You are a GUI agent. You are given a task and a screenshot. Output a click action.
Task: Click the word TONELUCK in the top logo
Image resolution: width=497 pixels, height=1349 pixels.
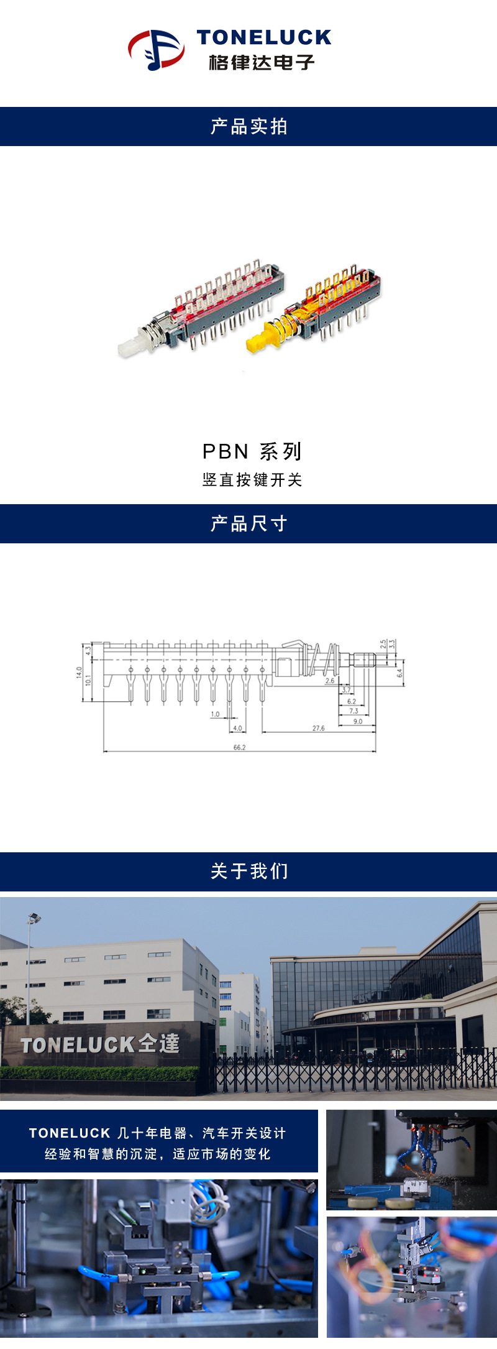(x=264, y=38)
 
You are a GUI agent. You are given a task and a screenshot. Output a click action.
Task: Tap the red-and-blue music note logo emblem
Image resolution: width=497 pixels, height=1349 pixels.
(x=156, y=49)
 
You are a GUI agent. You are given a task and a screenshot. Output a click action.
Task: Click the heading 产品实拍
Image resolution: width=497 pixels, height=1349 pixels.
(x=248, y=127)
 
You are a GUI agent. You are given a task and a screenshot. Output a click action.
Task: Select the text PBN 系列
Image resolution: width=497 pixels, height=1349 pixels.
(x=252, y=451)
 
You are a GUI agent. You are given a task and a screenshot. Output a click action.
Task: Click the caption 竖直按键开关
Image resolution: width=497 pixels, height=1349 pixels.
(x=252, y=480)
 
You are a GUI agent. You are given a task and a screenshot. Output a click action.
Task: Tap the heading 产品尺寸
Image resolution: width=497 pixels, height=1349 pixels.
(x=248, y=524)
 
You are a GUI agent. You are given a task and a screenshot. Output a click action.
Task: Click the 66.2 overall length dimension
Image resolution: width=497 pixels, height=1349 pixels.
(x=239, y=747)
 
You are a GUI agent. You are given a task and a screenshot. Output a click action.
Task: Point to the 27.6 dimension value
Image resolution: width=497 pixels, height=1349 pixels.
(x=318, y=728)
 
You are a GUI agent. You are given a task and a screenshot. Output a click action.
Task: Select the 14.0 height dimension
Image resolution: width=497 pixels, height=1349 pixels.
(x=79, y=672)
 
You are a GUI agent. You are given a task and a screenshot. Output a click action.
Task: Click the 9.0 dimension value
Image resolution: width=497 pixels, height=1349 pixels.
(x=358, y=721)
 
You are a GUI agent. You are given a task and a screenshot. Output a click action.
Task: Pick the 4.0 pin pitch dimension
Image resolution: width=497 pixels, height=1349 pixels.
(x=237, y=728)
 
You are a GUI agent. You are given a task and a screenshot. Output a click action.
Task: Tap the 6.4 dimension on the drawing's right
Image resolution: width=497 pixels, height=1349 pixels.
(x=400, y=673)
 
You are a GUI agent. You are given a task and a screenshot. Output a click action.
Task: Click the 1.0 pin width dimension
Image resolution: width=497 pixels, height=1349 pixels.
(x=215, y=714)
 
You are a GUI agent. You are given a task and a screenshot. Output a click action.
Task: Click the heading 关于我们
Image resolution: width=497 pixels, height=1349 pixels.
(x=248, y=872)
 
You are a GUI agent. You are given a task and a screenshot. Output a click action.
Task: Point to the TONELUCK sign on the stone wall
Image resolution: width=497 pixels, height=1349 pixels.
(x=100, y=1044)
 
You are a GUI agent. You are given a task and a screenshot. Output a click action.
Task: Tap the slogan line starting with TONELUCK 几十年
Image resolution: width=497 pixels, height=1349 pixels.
(x=158, y=1133)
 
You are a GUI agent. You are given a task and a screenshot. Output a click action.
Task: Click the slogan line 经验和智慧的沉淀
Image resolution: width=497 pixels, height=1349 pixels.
(x=158, y=1154)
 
